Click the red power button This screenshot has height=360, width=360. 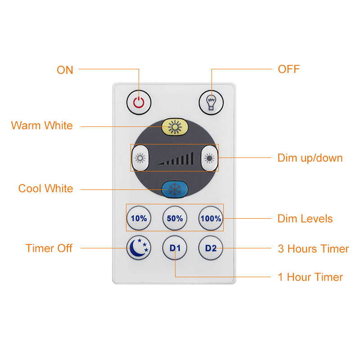[139, 103]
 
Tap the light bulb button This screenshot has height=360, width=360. [211, 103]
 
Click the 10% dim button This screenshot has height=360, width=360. [139, 218]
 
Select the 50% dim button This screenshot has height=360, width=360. [175, 218]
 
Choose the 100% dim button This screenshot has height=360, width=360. [211, 218]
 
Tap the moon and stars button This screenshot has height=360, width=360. [139, 248]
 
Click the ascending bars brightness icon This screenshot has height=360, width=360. [176, 158]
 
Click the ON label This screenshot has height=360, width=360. [65, 70]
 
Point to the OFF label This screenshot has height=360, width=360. [289, 69]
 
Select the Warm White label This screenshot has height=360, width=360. [42, 126]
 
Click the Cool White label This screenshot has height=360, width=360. [46, 189]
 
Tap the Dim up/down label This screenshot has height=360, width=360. [310, 158]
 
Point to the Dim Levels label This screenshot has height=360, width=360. [305, 219]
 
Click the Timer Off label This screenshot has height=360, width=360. [49, 248]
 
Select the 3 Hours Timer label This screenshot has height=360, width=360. [313, 249]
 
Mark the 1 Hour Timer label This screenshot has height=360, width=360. [310, 277]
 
